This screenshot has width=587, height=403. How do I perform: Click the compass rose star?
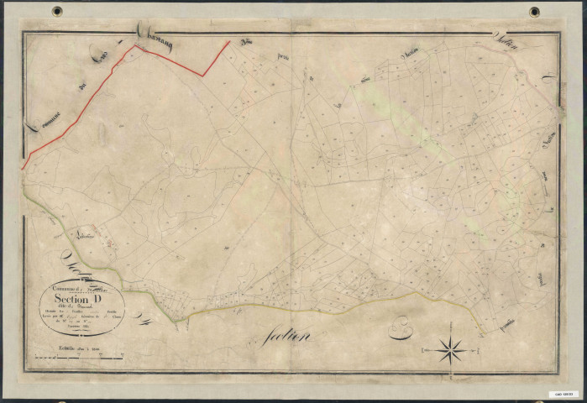[x=452, y=348]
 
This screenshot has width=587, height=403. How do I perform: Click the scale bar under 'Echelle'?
[x=75, y=359]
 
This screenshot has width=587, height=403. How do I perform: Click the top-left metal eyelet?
[x=57, y=12]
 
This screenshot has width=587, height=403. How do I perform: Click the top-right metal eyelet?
[x=534, y=12]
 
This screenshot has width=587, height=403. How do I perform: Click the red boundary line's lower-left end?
[x=23, y=168]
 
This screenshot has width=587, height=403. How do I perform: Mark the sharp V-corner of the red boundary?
[x=202, y=76]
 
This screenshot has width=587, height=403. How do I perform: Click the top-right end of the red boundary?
[x=229, y=40]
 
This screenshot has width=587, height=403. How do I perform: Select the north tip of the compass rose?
[x=452, y=333]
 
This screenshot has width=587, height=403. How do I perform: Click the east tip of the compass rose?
[x=469, y=348]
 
